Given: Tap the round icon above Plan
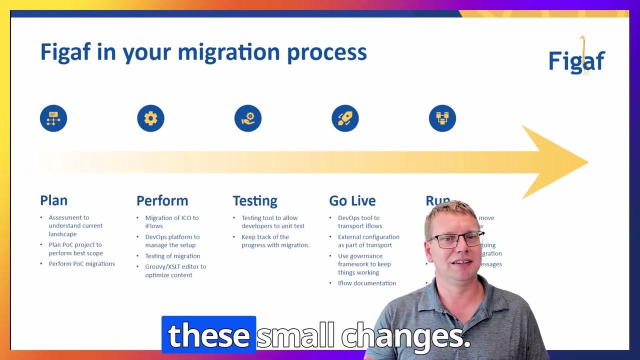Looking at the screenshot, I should (53, 118).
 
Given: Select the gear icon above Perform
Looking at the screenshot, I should (150, 118).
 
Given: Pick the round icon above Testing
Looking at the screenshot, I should (248, 118).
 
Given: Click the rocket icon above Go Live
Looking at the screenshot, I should (345, 118).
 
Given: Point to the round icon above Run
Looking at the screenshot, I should (442, 118).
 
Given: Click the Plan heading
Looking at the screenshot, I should (53, 200).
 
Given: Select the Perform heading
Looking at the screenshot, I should (162, 200).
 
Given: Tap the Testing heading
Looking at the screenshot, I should (254, 200).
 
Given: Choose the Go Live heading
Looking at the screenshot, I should (352, 200).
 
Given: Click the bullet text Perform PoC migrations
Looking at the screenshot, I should (81, 264).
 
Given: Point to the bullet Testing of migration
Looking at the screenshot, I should (172, 256).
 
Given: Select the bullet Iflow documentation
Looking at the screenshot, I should (366, 283).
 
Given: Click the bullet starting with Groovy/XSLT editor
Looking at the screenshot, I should (175, 270).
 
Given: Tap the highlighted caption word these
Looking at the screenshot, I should (208, 335).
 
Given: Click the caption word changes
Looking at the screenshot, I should (405, 336).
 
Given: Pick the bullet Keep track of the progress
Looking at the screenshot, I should (275, 241).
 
